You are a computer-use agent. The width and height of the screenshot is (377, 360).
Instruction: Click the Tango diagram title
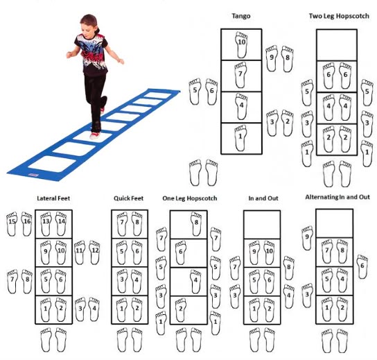241,16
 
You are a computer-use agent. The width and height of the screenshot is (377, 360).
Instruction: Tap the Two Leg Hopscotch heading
339,16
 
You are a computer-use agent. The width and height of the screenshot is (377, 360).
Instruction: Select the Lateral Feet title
53,198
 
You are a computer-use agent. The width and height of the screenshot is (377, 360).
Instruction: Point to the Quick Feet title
128,198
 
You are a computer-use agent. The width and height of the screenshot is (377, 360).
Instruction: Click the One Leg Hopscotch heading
190,198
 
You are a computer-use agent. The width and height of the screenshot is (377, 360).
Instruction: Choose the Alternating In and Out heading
337,197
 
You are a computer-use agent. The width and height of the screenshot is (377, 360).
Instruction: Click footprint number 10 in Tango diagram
241,45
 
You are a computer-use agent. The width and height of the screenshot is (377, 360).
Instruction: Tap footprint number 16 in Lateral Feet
27,223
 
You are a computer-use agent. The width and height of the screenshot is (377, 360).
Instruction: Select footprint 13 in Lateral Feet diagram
46,224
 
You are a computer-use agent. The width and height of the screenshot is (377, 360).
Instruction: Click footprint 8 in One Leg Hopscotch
196,224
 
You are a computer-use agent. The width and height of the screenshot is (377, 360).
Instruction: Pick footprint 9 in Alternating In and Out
307,238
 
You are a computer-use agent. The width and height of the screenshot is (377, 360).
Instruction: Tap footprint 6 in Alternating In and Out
362,266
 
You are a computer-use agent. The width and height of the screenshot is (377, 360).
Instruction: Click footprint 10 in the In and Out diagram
270,252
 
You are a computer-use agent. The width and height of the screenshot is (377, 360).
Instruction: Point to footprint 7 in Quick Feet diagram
122,224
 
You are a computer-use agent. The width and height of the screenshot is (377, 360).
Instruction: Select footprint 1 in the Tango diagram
240,138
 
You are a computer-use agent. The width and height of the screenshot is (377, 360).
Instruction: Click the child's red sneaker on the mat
95,136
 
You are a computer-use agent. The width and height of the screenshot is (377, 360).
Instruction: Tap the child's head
89,24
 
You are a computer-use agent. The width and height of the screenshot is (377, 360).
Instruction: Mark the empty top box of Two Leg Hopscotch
337,45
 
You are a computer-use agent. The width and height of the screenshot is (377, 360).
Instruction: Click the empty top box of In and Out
262,225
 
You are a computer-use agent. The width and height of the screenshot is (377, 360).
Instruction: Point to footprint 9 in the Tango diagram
272,58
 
